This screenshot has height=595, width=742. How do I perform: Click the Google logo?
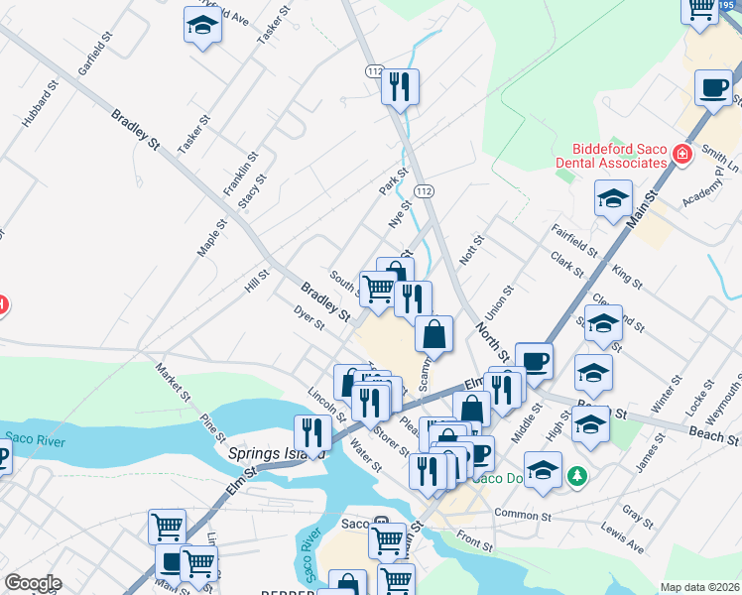pos(33,583)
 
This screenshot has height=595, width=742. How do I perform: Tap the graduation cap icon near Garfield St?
pos(202,27)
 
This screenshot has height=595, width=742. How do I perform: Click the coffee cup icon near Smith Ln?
pos(713,89)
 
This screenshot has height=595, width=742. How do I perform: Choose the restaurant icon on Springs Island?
pos(312,433)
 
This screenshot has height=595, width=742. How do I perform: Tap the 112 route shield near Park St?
pos(425,189)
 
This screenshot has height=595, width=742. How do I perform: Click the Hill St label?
pos(257,282)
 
